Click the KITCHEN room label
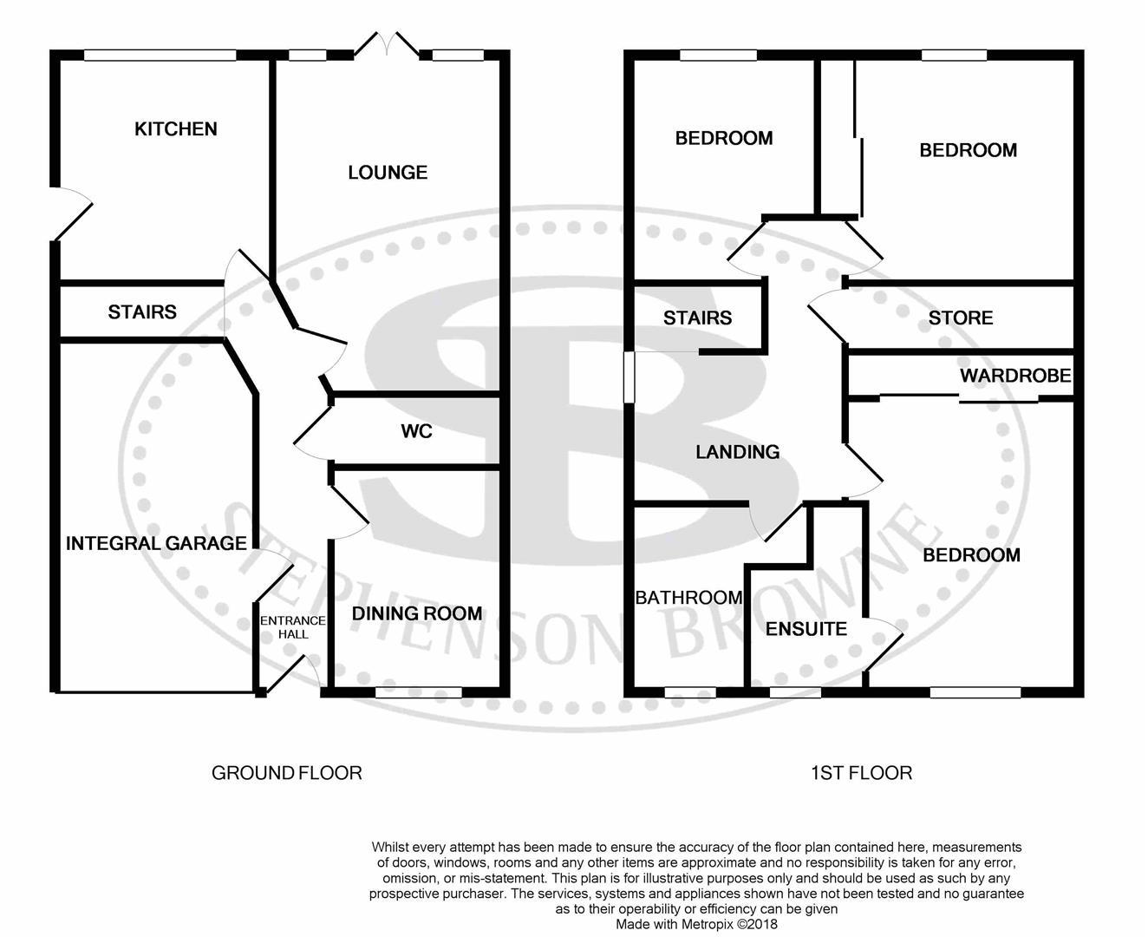(x=176, y=129)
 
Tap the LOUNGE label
(x=388, y=173)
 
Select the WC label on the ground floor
(x=416, y=431)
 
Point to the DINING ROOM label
(x=416, y=613)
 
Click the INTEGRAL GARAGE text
(x=156, y=543)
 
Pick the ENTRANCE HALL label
(x=293, y=627)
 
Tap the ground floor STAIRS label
(x=142, y=311)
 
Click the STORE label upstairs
(x=960, y=318)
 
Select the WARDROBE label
(x=1015, y=377)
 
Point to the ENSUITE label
(x=806, y=629)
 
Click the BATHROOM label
(x=688, y=598)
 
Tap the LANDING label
(x=737, y=452)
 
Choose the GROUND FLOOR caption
(x=286, y=772)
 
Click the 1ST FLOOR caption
(x=861, y=772)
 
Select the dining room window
(x=418, y=691)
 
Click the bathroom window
(x=690, y=692)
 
